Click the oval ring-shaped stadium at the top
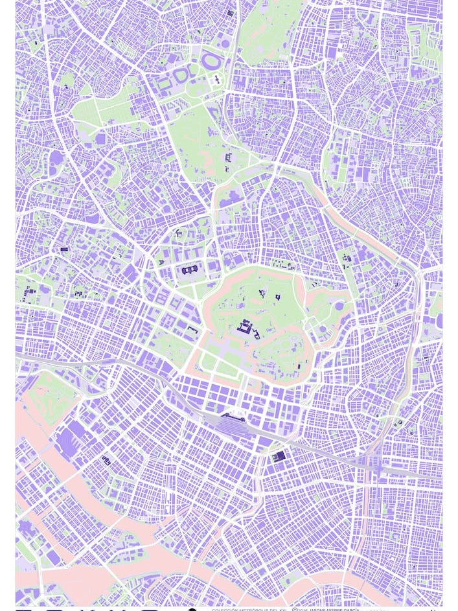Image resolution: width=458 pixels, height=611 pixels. [x=211, y=62]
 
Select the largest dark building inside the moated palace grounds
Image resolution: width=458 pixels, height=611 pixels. [x=246, y=328]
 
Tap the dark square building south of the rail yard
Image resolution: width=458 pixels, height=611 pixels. [x=279, y=456]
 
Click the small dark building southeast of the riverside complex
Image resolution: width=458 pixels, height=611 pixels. [x=106, y=460]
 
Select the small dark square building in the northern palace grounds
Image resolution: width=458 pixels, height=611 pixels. [x=278, y=297]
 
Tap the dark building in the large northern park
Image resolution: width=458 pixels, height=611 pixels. [x=228, y=157]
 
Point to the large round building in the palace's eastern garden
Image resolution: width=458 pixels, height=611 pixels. [x=339, y=305]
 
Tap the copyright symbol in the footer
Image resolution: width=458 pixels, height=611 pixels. [x=295, y=609]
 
